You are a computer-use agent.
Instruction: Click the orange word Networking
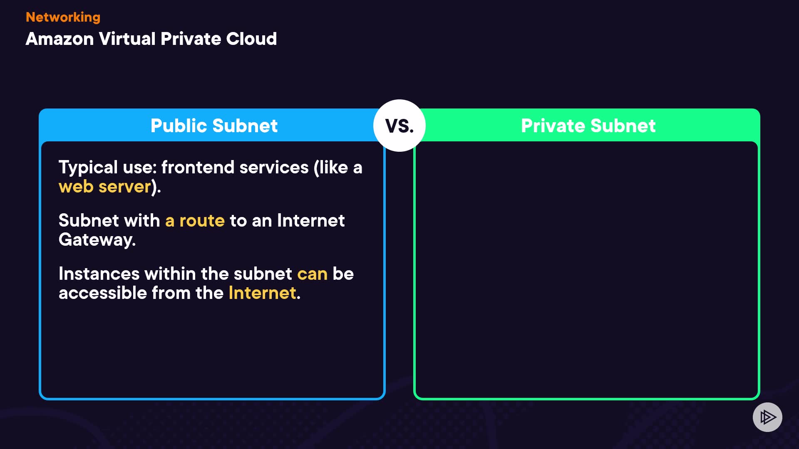coord(63,17)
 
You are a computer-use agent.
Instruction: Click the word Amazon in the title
coord(60,39)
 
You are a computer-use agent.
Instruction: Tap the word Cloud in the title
coord(251,39)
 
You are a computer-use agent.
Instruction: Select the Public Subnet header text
coord(214,126)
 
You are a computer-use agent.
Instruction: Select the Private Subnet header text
coord(588,126)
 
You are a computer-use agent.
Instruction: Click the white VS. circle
coord(399,126)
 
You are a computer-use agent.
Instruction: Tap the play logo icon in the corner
coord(767,417)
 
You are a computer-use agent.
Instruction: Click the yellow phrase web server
coord(104,187)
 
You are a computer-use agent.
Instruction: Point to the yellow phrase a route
coord(195,221)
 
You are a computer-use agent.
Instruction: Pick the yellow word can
coord(312,274)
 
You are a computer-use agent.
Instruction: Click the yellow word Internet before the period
coord(262,293)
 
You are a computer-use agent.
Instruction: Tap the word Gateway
coord(97,240)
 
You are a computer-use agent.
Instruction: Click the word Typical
coord(88,168)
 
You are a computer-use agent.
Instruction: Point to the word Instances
coord(99,274)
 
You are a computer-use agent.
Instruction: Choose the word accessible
coord(103,293)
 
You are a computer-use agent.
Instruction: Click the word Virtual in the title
coord(127,39)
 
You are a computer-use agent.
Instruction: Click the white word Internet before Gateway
coord(310,221)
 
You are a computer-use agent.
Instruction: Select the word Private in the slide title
coord(191,39)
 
